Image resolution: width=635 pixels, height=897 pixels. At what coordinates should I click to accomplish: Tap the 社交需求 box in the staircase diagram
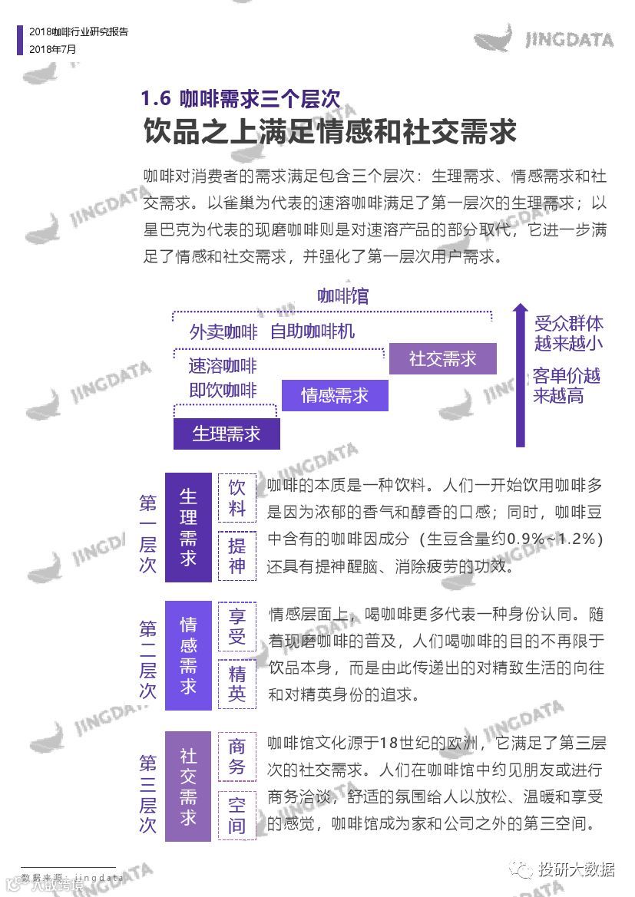[443, 358]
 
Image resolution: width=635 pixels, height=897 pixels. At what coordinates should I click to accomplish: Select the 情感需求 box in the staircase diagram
[335, 395]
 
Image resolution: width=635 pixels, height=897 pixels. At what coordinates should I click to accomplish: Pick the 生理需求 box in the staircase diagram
[227, 434]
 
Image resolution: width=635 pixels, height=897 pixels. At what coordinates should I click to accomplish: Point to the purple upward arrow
[520, 376]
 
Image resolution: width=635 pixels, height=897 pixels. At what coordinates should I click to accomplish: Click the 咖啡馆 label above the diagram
[343, 296]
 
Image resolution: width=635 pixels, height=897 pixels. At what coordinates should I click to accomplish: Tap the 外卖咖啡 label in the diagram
[223, 332]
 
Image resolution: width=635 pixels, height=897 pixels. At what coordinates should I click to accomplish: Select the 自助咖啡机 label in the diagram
[313, 332]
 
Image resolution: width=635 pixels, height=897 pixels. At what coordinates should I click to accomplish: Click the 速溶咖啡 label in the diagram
[223, 366]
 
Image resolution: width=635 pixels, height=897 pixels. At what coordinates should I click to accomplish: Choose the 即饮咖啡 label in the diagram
[223, 391]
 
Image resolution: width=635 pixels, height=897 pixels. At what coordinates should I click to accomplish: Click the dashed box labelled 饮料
[237, 498]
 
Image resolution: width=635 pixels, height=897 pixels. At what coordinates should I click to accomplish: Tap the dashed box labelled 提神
[237, 556]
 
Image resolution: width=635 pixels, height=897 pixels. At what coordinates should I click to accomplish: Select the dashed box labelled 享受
[237, 626]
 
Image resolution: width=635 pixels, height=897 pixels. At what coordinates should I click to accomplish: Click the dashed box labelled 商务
[237, 756]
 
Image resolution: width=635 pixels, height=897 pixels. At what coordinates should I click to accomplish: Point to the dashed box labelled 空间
[237, 815]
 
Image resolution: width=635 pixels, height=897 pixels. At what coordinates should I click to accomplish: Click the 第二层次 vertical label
[148, 659]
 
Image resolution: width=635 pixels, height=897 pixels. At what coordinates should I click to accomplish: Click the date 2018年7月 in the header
[53, 48]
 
